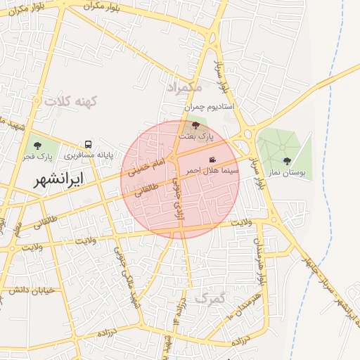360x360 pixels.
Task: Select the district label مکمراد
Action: coord(185,87)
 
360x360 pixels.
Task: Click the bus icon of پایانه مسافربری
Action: coord(88,143)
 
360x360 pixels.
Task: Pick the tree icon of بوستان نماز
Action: coord(286,160)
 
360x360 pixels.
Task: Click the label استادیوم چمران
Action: coord(212,108)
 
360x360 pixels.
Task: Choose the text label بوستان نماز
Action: coord(285,172)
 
